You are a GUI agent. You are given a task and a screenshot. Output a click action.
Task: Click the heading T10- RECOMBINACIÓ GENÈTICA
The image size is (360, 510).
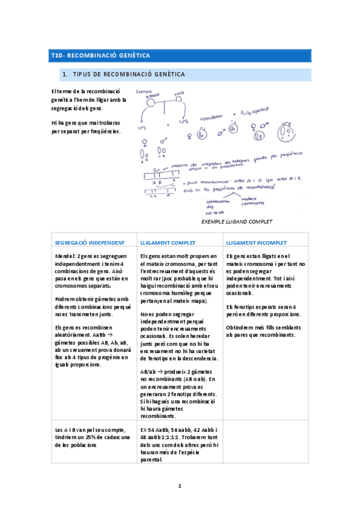tap(100, 56)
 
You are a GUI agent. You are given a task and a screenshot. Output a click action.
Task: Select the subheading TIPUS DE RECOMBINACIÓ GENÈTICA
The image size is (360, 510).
tap(128, 75)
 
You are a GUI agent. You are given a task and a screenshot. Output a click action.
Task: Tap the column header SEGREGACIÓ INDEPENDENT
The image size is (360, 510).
tap(90, 242)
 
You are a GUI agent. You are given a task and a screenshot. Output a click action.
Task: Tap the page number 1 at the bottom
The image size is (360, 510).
tap(180, 485)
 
